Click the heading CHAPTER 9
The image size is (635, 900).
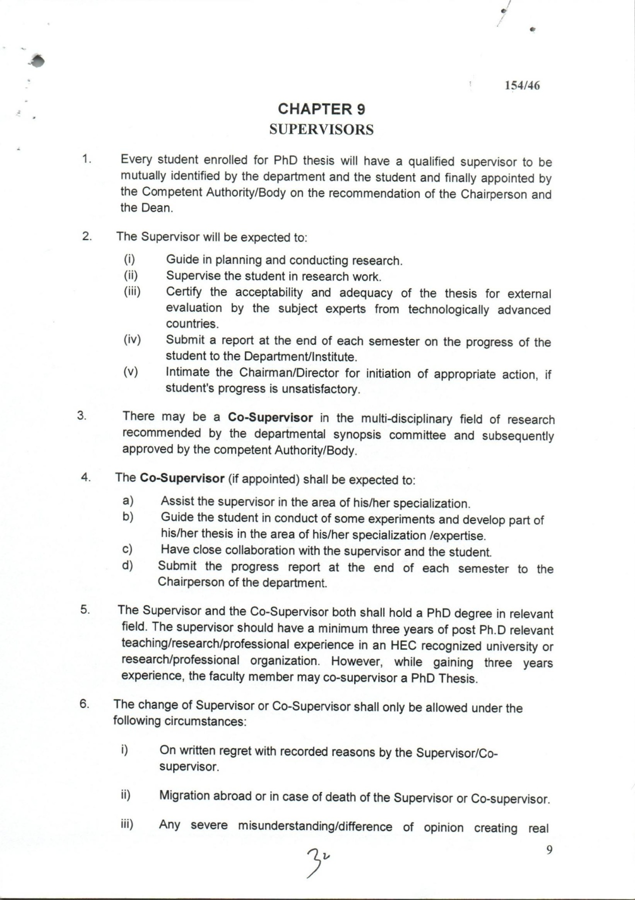[x=321, y=109]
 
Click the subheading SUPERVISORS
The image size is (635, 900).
[x=321, y=130]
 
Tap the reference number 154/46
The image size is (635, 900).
[x=522, y=85]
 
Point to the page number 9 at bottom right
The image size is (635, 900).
[x=550, y=850]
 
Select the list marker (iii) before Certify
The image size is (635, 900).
[x=132, y=291]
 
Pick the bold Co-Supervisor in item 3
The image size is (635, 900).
[x=270, y=417]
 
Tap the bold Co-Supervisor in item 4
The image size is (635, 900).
[x=182, y=478]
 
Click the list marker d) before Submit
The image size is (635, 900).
[x=127, y=566]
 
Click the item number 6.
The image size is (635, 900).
[x=84, y=704]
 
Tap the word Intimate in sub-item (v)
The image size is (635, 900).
[x=188, y=373]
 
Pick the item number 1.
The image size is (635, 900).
[x=86, y=159]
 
